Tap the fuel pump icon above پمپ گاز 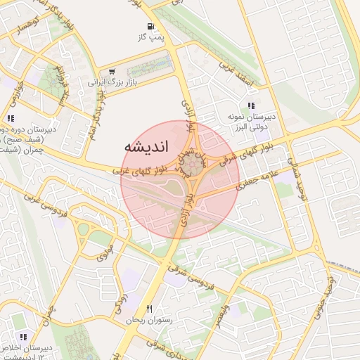tap(151, 26)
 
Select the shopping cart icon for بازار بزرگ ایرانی tap(111, 71)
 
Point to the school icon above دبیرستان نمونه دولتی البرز tap(251, 105)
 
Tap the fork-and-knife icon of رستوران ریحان tap(149, 309)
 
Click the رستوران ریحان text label tap(139, 321)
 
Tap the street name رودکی tap(120, 304)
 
